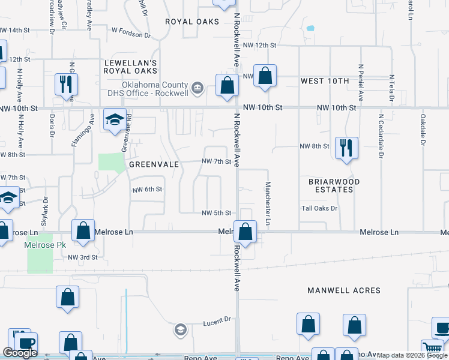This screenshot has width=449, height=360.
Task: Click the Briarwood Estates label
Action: [x=334, y=185]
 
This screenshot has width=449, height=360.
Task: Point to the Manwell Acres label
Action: [x=344, y=290]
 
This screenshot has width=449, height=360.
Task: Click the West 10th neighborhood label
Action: [x=325, y=81]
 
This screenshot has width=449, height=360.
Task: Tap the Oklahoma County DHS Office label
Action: [x=156, y=89]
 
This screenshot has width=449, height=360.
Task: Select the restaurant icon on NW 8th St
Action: [x=346, y=148]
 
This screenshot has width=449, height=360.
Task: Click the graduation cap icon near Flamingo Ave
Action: [x=114, y=119]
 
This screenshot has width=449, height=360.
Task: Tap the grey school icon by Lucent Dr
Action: [x=180, y=329]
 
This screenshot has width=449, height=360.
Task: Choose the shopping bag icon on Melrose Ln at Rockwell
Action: [x=245, y=231]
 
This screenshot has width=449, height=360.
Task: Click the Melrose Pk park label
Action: [x=39, y=245]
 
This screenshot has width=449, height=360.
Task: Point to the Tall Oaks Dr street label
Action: [x=320, y=208]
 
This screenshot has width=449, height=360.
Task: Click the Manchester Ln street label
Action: [x=268, y=204]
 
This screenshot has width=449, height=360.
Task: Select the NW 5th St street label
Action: [x=216, y=213]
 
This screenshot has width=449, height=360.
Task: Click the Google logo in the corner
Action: [x=20, y=353]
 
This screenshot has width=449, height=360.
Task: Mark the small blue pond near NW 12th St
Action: [x=310, y=28]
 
